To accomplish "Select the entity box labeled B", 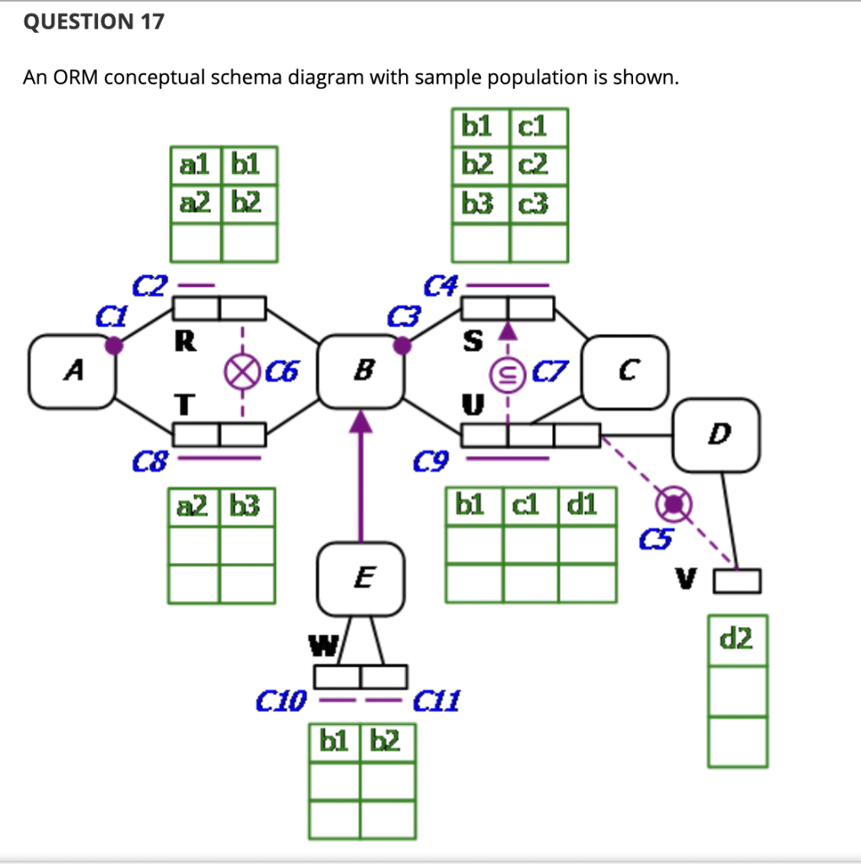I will tap(362, 370).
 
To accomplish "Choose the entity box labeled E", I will tap(361, 579).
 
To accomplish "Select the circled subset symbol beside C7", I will tap(507, 370).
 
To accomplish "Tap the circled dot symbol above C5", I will tap(674, 504).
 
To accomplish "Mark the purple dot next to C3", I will tap(403, 344).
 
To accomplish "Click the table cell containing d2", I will tap(737, 640).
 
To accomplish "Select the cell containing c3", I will tap(539, 203).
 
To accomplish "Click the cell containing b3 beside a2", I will tap(246, 506).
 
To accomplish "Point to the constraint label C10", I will tap(281, 700).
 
